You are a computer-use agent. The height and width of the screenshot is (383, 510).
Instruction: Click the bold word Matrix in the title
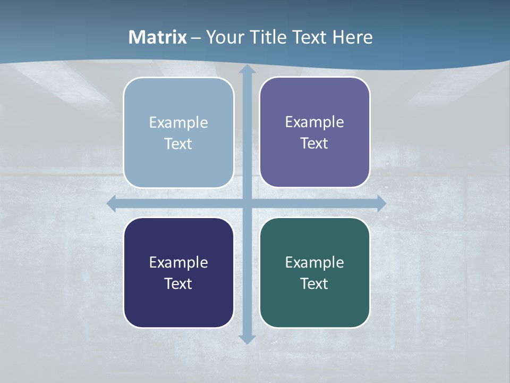(x=158, y=37)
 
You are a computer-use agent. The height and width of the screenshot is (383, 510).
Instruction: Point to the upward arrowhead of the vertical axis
(x=247, y=69)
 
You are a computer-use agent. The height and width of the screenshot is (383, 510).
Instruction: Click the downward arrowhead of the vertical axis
(x=247, y=339)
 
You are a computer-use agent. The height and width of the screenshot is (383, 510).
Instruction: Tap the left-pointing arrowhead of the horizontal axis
(x=112, y=204)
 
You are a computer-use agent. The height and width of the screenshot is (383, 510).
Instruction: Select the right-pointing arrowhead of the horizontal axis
(x=381, y=204)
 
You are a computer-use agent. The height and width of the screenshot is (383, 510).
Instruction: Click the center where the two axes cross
(x=247, y=204)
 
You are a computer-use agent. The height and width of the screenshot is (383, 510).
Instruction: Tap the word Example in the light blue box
(x=178, y=122)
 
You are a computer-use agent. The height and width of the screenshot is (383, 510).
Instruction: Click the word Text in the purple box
(x=314, y=144)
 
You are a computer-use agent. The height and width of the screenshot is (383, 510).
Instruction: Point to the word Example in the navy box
(x=178, y=262)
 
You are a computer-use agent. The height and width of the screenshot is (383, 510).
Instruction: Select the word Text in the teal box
(x=314, y=284)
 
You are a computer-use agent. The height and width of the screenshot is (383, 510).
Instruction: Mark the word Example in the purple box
(x=314, y=122)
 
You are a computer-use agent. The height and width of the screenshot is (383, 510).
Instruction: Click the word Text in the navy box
(x=178, y=284)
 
